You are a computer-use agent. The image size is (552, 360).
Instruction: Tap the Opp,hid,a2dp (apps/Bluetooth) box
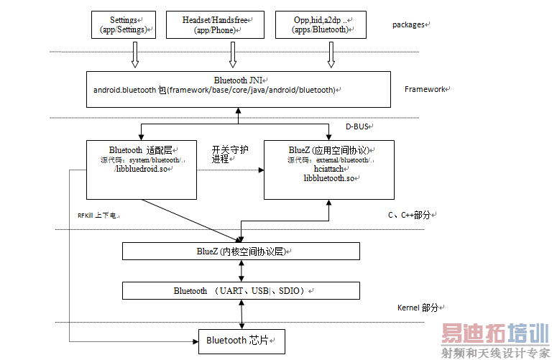click(x=321, y=24)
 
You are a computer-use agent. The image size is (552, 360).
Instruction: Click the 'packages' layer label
click(x=410, y=24)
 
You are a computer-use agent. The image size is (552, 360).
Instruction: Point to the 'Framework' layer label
click(x=426, y=89)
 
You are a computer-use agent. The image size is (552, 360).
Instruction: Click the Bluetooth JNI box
click(x=238, y=89)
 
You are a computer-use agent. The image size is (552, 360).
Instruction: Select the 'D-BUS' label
click(x=357, y=126)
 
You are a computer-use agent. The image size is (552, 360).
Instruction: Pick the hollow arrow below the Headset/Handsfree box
click(x=232, y=55)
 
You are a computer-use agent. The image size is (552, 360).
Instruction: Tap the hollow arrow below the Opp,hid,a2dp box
click(x=331, y=55)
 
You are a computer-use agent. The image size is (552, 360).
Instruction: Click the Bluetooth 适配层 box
click(x=141, y=170)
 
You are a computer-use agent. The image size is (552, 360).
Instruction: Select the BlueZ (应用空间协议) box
click(x=328, y=170)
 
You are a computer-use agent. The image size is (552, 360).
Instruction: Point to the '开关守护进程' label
click(x=230, y=154)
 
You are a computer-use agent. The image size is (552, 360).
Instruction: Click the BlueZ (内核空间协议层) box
click(x=241, y=251)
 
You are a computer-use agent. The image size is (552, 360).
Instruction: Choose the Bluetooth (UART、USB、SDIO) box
click(x=241, y=290)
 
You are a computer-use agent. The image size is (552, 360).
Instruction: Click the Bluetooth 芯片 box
click(x=241, y=340)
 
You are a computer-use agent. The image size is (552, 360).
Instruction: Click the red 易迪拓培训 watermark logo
click(x=494, y=333)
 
